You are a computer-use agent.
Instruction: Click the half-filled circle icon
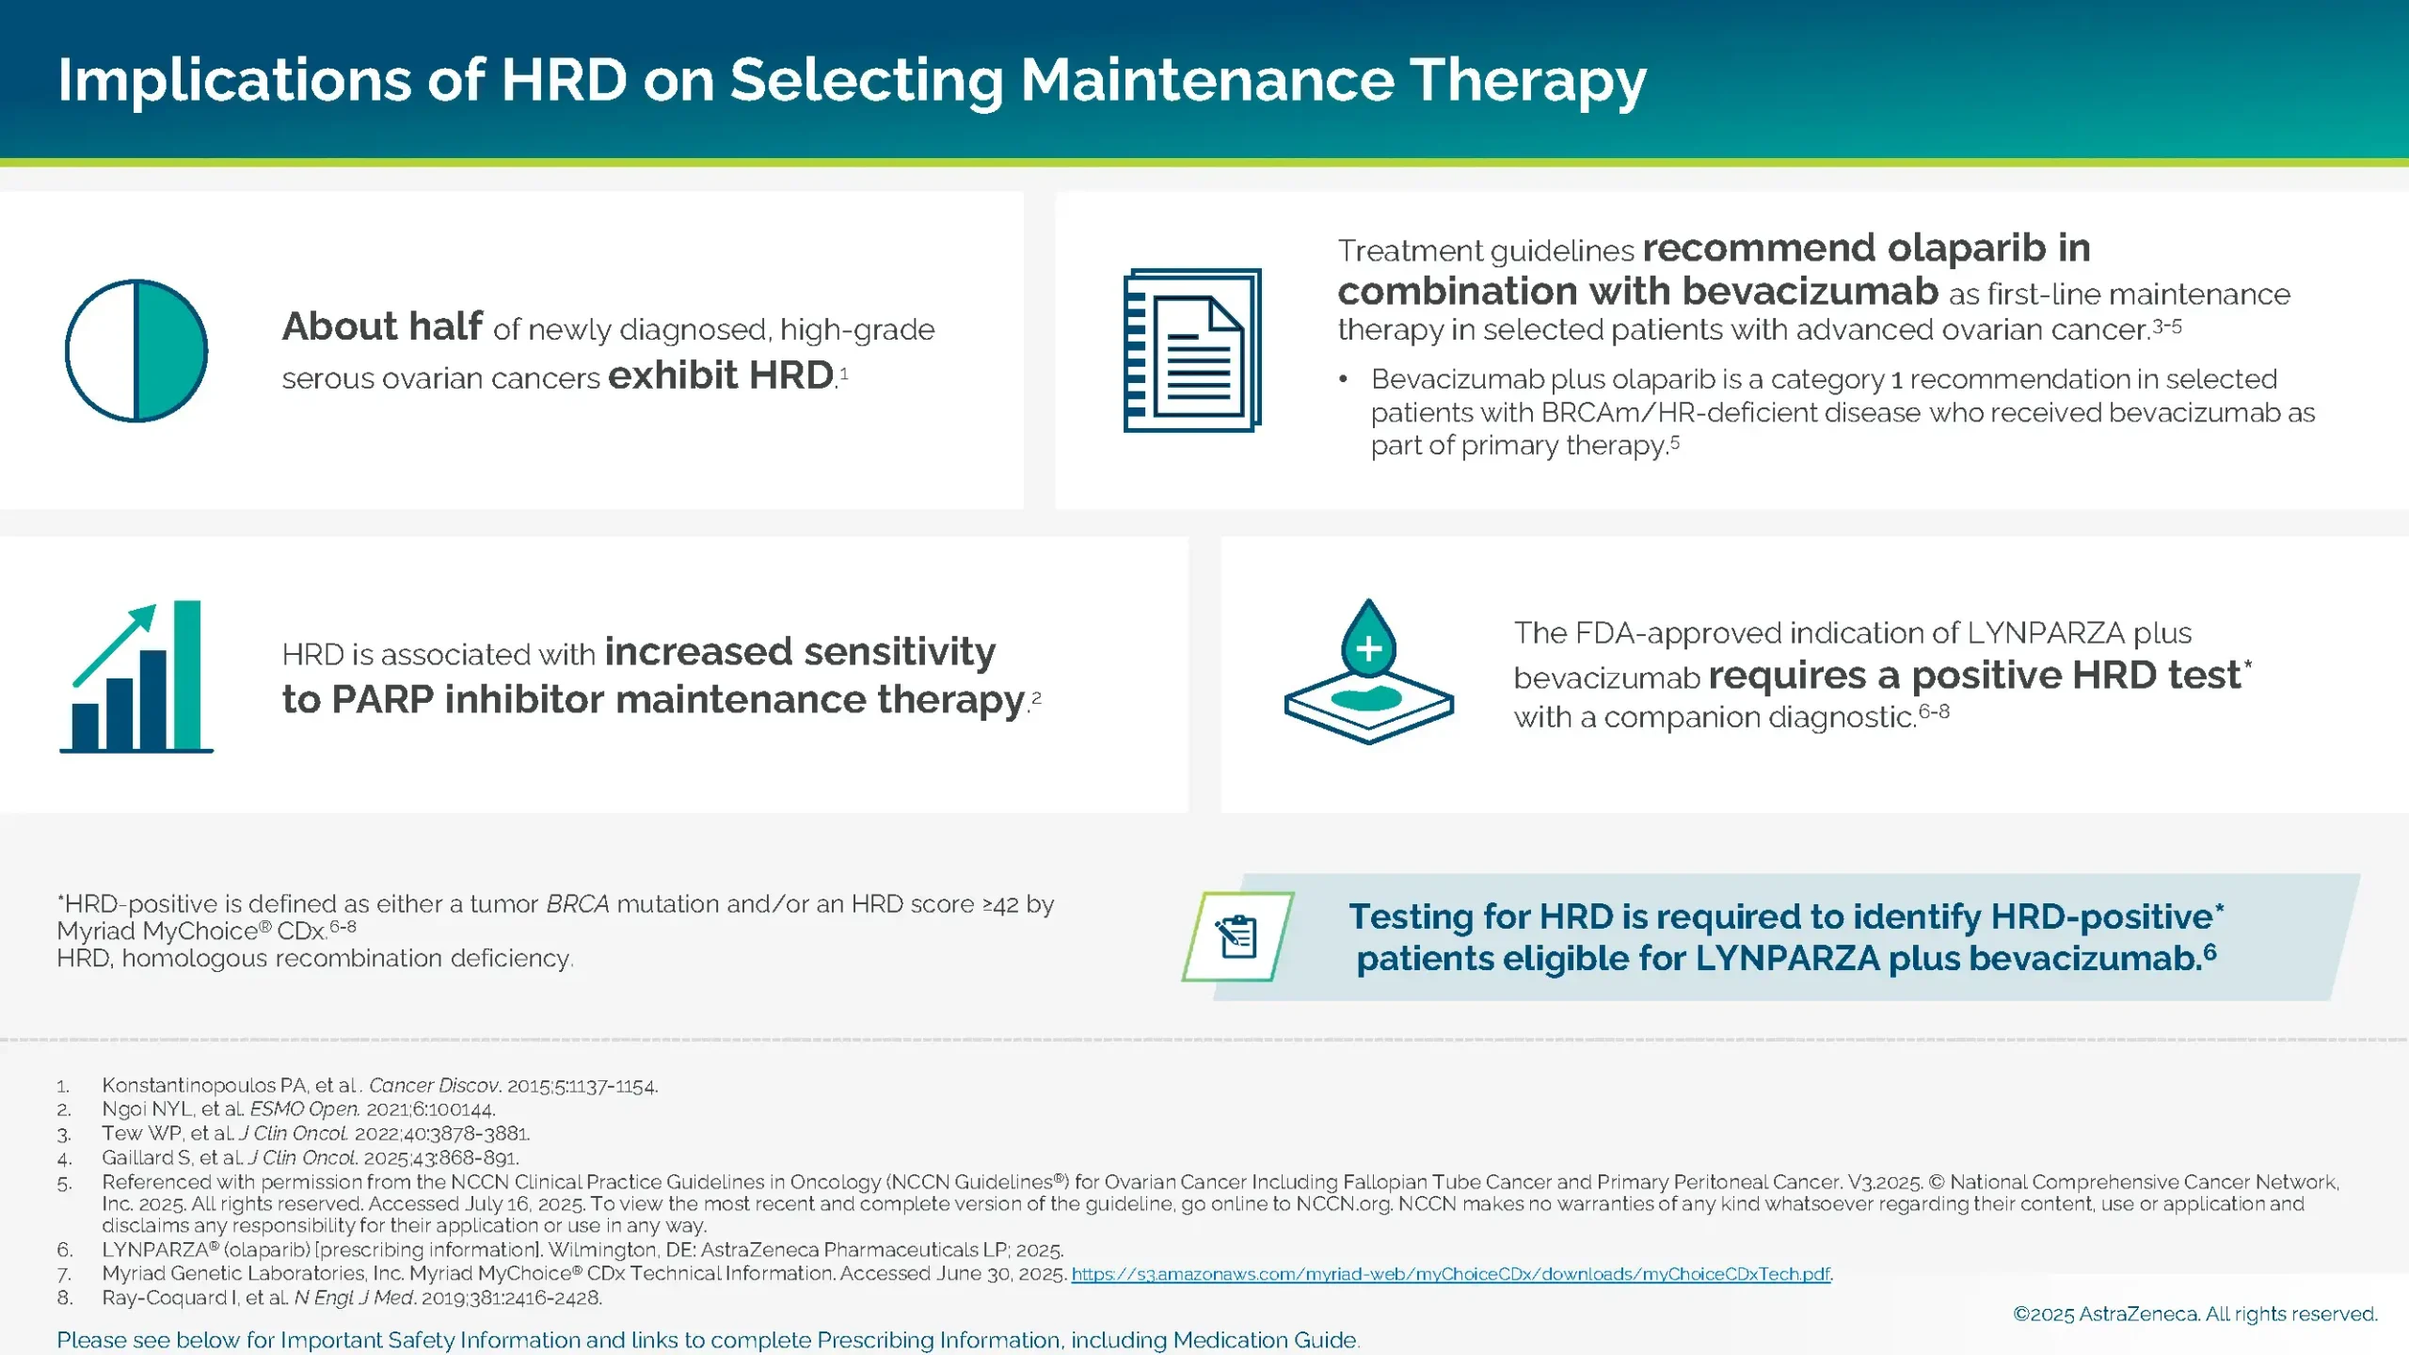point(136,351)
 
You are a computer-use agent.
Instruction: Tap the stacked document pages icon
point(1192,351)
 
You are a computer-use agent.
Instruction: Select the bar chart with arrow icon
point(137,677)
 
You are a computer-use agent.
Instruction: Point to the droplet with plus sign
point(1368,640)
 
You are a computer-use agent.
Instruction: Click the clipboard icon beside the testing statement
point(1237,936)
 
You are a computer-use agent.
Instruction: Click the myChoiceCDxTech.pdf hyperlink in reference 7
point(1451,1274)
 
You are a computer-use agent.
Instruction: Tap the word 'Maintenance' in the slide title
point(1207,80)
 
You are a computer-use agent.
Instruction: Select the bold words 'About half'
point(382,327)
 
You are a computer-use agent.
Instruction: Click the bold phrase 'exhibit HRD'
point(721,375)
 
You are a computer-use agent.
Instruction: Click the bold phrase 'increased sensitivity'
point(800,651)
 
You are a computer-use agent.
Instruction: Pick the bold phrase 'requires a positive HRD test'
point(1974,676)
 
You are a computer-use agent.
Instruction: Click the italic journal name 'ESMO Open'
point(304,1109)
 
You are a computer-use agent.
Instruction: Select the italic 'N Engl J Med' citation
point(354,1298)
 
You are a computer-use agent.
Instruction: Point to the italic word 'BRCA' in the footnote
point(577,904)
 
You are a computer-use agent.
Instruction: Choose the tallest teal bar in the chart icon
point(187,675)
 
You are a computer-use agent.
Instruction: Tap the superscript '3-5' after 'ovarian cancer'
point(2167,327)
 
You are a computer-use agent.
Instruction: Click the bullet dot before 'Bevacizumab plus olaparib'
point(1344,379)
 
